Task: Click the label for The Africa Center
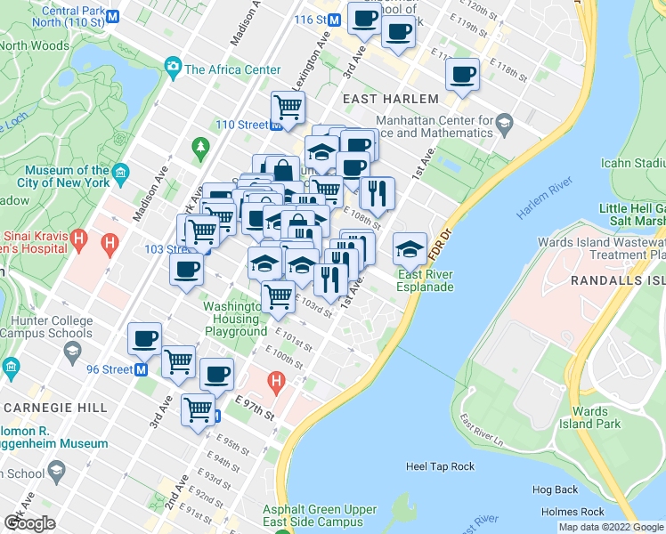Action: (x=232, y=69)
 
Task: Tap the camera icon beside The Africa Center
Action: (x=172, y=67)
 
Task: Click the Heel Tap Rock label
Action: (x=440, y=466)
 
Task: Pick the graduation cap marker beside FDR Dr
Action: (x=410, y=248)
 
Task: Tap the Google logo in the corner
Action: (x=29, y=523)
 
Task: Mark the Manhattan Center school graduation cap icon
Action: (x=505, y=123)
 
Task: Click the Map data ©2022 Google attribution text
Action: (x=610, y=527)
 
